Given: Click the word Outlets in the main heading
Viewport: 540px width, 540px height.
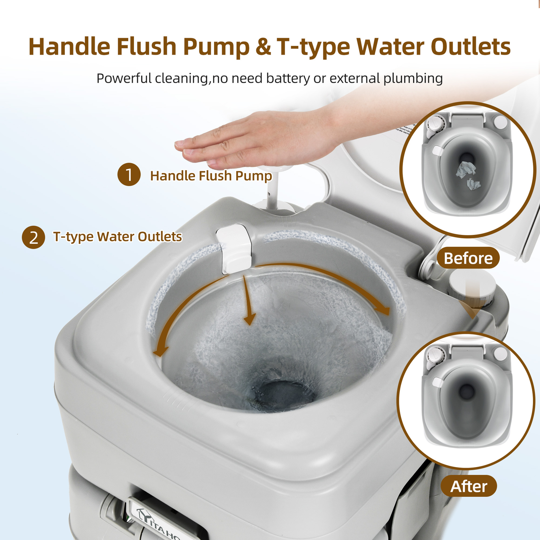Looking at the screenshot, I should [470, 47].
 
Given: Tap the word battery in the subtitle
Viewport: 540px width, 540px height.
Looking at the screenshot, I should [288, 78].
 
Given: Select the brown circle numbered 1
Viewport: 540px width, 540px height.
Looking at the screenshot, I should [129, 174].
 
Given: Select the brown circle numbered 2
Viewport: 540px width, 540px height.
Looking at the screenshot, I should [33, 237].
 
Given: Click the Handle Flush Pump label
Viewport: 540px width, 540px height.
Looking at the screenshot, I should [211, 176].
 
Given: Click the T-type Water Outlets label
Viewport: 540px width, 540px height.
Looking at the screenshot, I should [117, 237].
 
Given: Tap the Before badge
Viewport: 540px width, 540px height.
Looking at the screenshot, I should [468, 258].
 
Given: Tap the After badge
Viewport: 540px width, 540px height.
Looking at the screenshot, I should [468, 486].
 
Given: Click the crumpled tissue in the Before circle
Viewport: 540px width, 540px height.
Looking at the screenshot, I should [466, 170].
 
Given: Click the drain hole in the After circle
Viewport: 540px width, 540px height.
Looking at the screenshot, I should [467, 391].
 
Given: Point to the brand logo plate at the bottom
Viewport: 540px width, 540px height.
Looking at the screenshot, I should [159, 520].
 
